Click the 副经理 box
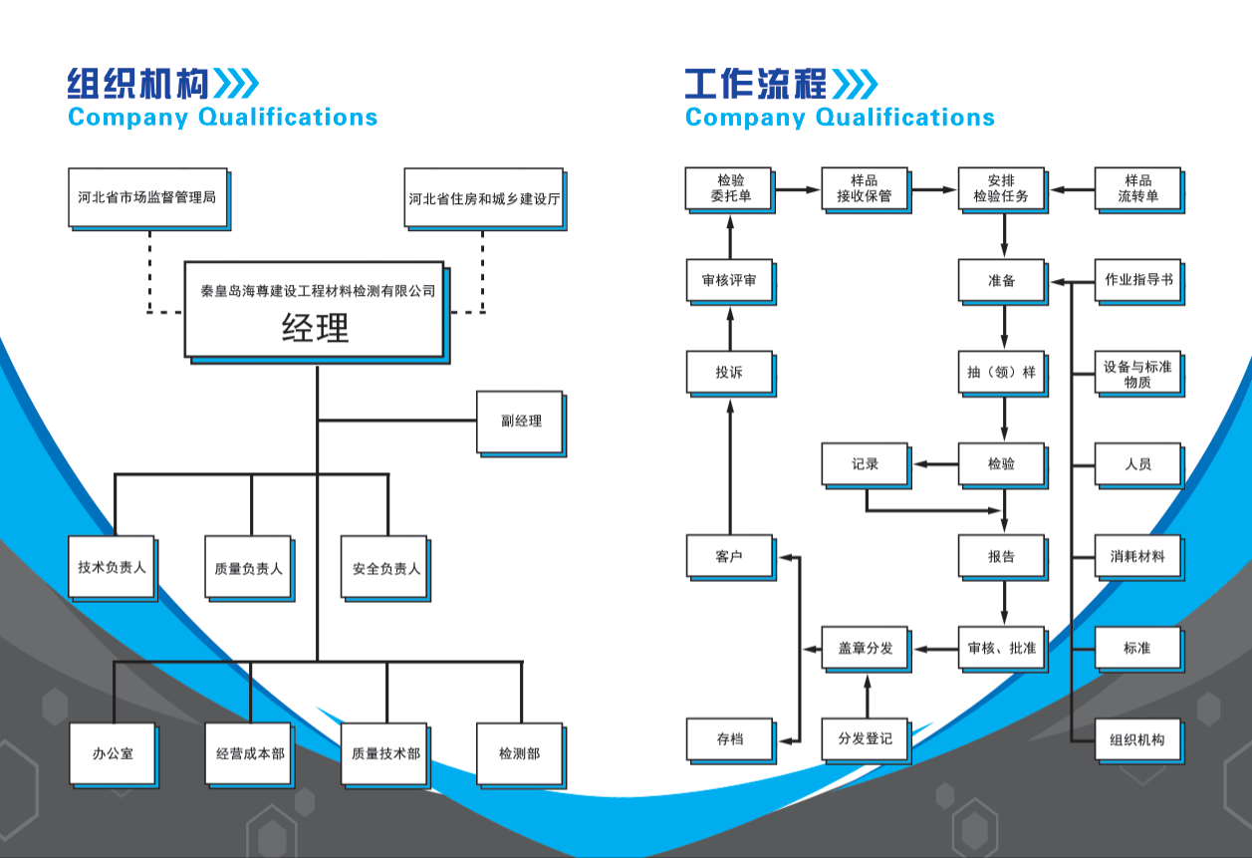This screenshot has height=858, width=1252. pos(521,422)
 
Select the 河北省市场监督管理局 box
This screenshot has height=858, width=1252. pos(147,197)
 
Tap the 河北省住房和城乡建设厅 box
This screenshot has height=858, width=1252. pos(484,197)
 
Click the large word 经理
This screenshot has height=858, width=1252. pos(316,328)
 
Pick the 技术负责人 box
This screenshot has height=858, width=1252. pos(113,567)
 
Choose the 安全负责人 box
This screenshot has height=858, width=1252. pos(385,568)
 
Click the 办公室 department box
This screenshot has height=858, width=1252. pos(113,752)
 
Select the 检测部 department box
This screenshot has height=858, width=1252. pos(520,752)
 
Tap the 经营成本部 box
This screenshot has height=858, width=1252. pos(250,752)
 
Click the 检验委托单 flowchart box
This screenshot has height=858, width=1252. pos(730,188)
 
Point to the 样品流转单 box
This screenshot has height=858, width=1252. pos(1137,188)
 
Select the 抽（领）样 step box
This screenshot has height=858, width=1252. pos(1002,372)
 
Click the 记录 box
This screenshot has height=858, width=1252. pos(866,463)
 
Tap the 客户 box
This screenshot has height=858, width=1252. pos(730,556)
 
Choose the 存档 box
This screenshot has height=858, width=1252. pos(730,739)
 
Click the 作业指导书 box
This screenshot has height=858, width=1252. pos(1137,280)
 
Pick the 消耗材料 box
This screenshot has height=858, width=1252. pos(1137,556)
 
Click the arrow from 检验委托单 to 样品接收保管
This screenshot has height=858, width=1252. pos(797,188)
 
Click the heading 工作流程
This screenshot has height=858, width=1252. pos(756,84)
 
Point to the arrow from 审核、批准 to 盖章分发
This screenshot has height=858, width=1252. pos(934,649)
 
